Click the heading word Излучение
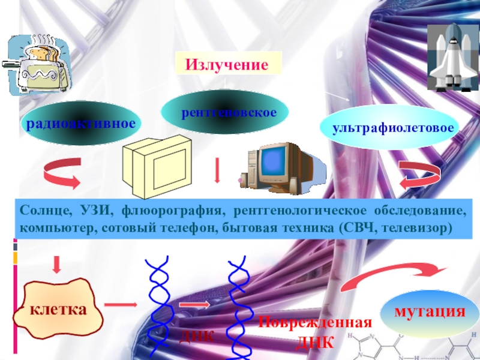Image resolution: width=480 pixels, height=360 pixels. tap(227, 64)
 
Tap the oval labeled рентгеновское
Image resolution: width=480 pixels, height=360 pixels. tap(226, 112)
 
